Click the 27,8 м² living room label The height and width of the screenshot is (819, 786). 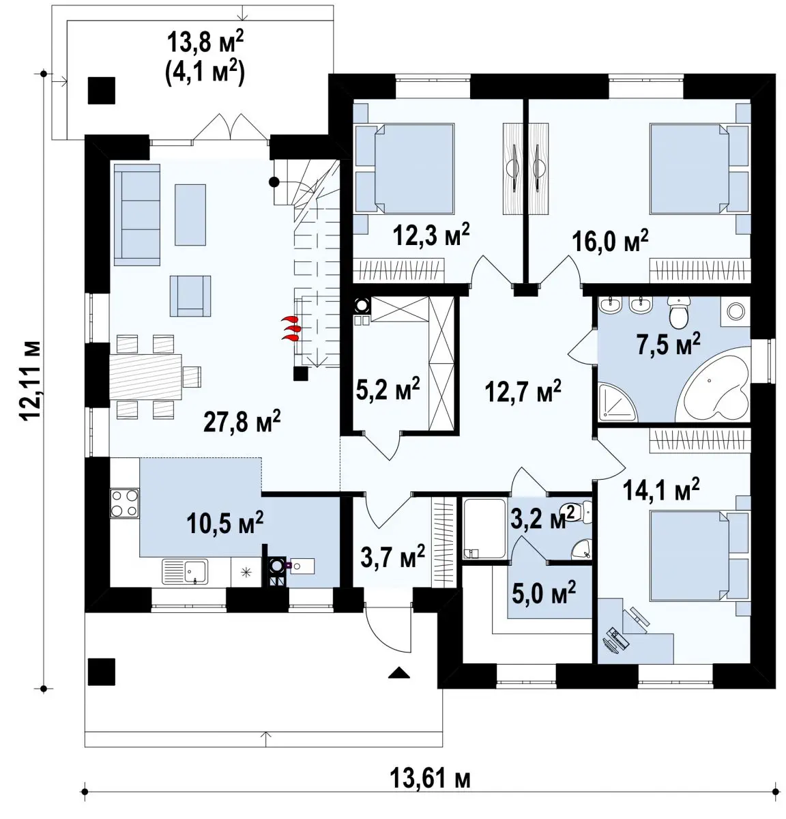click(x=242, y=422)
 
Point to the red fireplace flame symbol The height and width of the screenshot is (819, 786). click(x=291, y=328)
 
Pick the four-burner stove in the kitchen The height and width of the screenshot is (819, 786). click(x=124, y=503)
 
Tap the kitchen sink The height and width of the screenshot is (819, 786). click(x=185, y=571)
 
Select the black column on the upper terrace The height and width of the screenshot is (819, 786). click(x=102, y=90)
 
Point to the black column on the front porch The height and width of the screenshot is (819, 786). click(x=101, y=672)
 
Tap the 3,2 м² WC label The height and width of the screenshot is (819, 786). click(x=542, y=519)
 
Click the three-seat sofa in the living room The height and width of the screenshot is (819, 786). click(x=137, y=214)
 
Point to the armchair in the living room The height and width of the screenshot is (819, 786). click(x=190, y=296)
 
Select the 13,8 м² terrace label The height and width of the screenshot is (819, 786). click(x=206, y=42)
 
